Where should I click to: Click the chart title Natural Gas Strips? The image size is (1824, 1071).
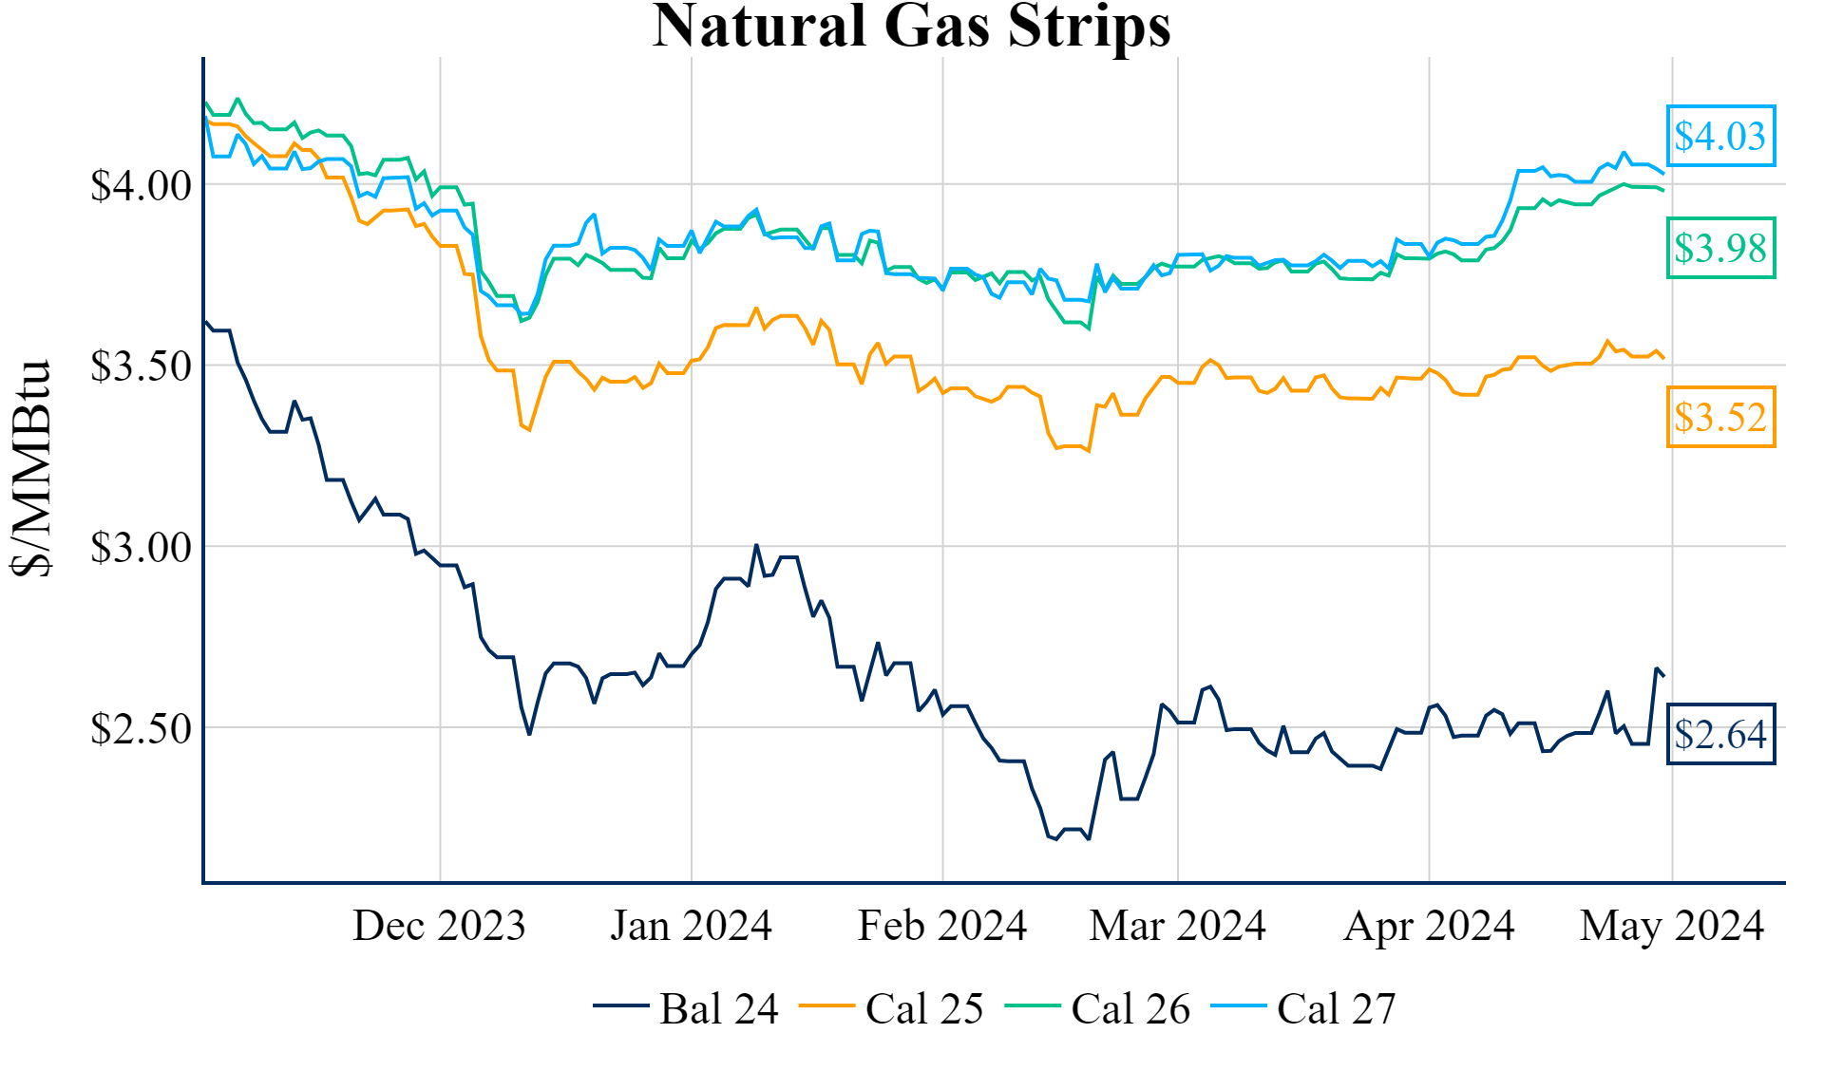[911, 27]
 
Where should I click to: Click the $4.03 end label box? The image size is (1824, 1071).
[1719, 136]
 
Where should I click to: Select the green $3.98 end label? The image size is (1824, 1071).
[1719, 248]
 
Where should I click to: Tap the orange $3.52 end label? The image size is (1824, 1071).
[1719, 417]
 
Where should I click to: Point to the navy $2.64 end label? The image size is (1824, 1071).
[1719, 734]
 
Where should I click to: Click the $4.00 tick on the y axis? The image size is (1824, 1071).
[141, 185]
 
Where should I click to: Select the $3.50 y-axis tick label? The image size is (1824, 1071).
[141, 366]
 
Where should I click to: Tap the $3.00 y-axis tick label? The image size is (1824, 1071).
[141, 547]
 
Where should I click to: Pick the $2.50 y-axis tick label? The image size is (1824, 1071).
[141, 728]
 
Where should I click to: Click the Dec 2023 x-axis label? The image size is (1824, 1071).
[439, 925]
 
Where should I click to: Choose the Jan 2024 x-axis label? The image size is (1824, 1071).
[691, 925]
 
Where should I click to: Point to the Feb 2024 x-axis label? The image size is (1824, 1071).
[941, 925]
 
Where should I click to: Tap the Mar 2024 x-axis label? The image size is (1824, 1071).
[1177, 925]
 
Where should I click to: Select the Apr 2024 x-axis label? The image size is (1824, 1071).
[1429, 925]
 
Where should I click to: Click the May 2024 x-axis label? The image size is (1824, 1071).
[1671, 925]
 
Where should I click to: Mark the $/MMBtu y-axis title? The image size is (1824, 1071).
[31, 469]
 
